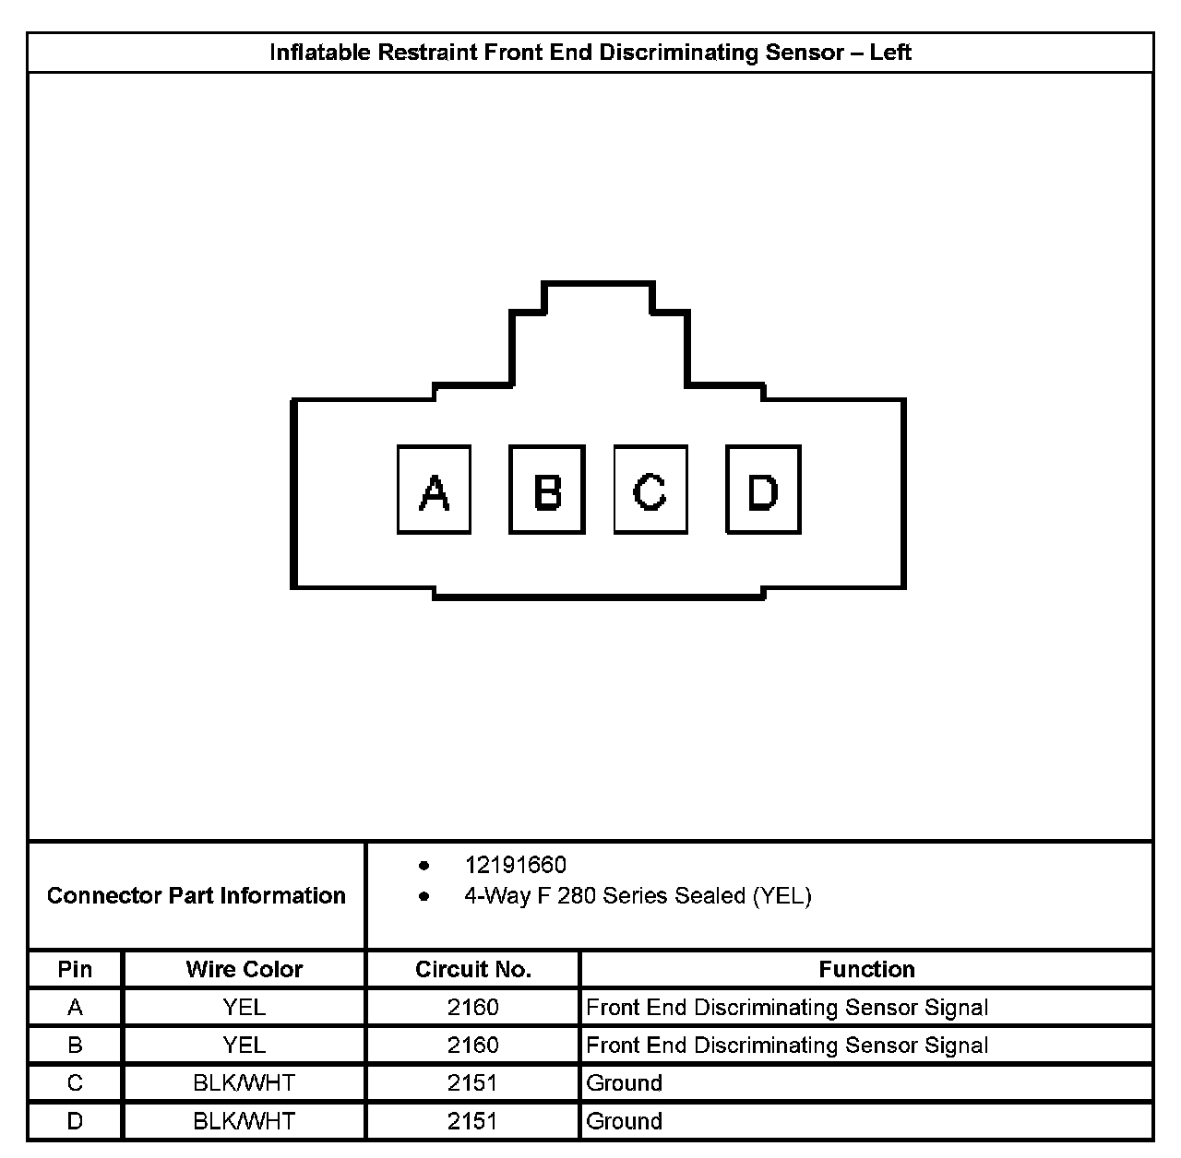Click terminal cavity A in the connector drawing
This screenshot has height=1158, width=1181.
[434, 490]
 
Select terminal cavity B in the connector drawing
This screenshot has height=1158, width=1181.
[547, 490]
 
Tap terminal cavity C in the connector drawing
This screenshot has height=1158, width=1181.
[650, 490]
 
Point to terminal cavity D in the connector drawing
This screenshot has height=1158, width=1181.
[763, 490]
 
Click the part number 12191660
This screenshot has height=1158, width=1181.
[515, 865]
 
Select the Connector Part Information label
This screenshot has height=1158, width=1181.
[197, 895]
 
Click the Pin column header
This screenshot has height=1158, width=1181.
[75, 969]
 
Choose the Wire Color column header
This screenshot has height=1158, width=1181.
[244, 969]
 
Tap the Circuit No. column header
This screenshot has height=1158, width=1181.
[473, 969]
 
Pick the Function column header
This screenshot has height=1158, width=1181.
[866, 969]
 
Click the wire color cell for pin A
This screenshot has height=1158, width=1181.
[244, 1008]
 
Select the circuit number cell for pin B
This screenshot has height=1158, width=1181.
[473, 1046]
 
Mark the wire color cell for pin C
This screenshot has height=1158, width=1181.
[244, 1083]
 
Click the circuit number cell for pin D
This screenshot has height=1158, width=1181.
[473, 1121]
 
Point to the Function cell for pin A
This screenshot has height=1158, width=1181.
[787, 1008]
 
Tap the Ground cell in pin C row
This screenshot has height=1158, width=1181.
[625, 1083]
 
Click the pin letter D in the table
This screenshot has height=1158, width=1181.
[75, 1121]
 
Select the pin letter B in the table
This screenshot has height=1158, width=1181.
[75, 1046]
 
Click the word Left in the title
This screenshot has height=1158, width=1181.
[889, 53]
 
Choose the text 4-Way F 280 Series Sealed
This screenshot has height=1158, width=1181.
[604, 896]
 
